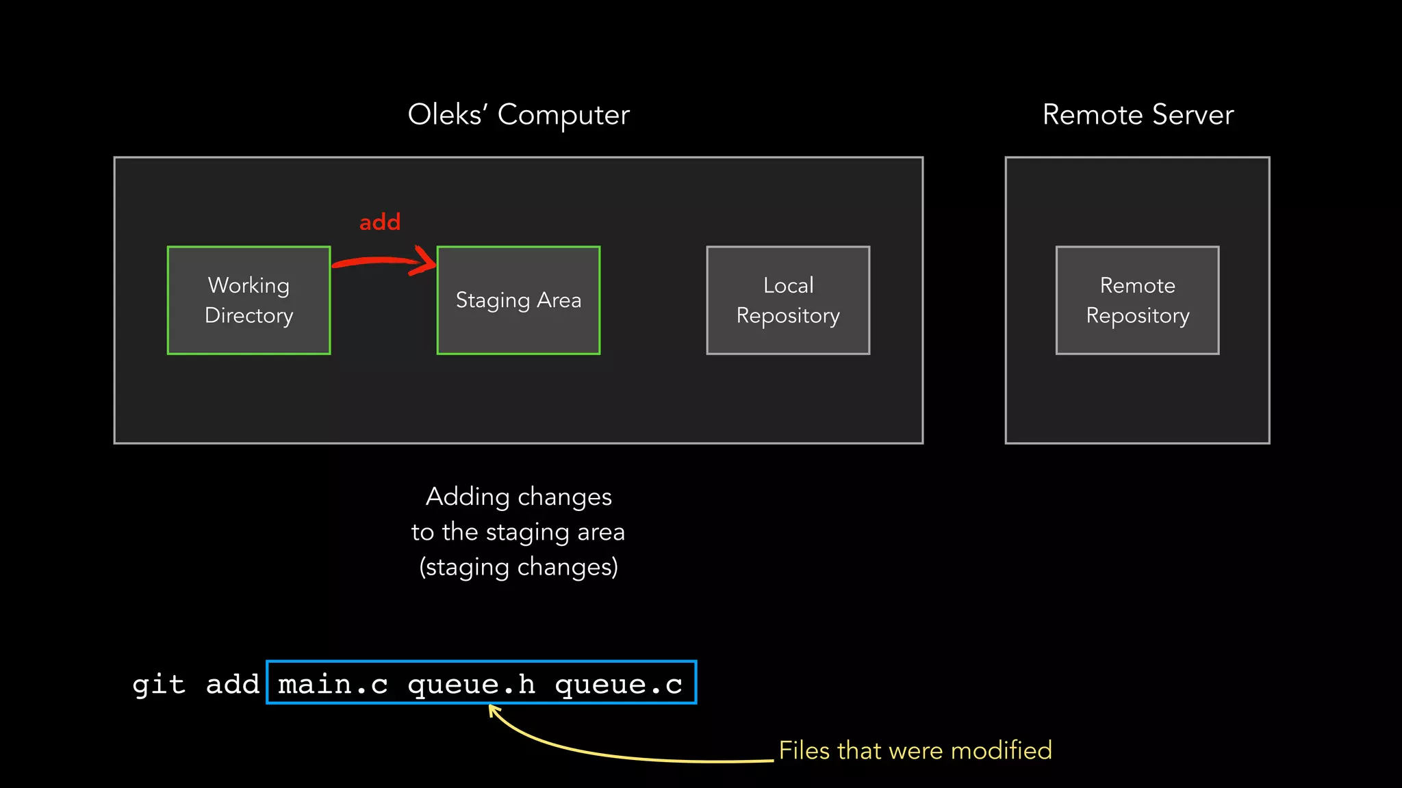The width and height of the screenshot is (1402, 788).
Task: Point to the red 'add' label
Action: (x=380, y=222)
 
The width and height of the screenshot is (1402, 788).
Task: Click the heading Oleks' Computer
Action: (x=518, y=115)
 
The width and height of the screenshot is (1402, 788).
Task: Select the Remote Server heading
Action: (x=1138, y=115)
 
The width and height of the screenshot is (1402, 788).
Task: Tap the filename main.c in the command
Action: (x=333, y=684)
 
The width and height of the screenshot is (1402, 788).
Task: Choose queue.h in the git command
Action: (x=471, y=684)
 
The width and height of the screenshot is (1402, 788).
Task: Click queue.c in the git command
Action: (x=618, y=684)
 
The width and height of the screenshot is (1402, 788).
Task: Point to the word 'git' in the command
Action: (x=159, y=684)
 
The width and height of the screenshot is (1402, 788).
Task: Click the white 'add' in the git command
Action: (x=232, y=684)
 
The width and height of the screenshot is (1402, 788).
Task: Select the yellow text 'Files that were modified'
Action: (x=915, y=750)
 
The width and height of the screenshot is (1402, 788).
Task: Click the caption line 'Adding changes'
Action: (x=518, y=497)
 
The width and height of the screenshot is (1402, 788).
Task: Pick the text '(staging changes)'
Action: (x=518, y=567)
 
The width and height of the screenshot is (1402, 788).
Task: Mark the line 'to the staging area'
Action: (x=518, y=532)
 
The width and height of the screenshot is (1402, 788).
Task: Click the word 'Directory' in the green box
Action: (x=248, y=315)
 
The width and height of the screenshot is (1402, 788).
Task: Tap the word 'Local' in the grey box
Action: (x=788, y=285)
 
